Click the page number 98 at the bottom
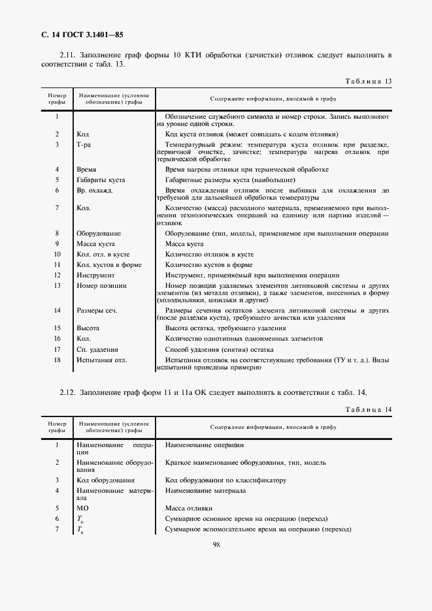216,546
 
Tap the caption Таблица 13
367,81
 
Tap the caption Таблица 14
367,409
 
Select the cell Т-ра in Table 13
84,144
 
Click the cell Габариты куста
100,180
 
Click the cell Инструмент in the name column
95,275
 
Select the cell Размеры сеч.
96,311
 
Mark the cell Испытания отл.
101,360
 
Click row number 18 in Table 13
58,360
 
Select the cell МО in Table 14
82,507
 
